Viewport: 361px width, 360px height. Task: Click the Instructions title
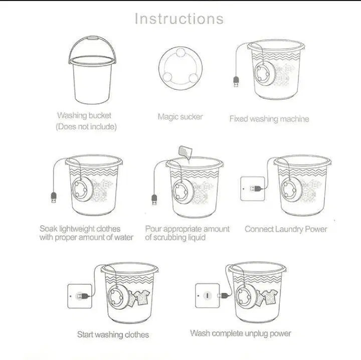[179, 19]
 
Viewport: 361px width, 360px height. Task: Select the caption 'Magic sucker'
[180, 117]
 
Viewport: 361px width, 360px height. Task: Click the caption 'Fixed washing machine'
[269, 119]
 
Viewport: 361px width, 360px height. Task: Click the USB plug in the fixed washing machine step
[235, 81]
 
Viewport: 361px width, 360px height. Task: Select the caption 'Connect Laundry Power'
[285, 230]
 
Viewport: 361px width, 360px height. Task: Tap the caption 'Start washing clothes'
[113, 334]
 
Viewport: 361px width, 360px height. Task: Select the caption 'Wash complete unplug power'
[241, 333]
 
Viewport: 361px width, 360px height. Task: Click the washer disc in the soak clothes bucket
[81, 190]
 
